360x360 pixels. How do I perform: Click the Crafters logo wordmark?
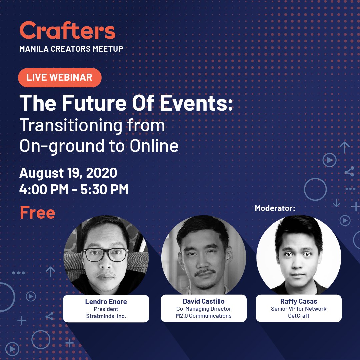pos(67,31)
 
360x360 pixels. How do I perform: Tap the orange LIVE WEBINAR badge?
pos(60,77)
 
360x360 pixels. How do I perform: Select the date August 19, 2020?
pos(68,173)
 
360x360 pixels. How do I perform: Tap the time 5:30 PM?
pos(104,190)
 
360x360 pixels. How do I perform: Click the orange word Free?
pos(37,212)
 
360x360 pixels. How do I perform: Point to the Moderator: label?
pos(275,208)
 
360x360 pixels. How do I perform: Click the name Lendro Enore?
pos(106,302)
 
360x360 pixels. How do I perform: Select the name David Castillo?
pos(204,302)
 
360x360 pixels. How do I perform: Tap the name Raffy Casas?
pos(299,302)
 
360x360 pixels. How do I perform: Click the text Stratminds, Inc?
pos(106,316)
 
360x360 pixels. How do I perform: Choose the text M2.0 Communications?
pos(204,316)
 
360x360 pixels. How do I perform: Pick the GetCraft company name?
pos(299,316)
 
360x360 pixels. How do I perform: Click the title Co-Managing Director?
pos(204,309)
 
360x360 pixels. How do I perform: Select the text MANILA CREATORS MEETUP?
pos(71,49)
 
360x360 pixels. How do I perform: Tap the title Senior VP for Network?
pos(299,309)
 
